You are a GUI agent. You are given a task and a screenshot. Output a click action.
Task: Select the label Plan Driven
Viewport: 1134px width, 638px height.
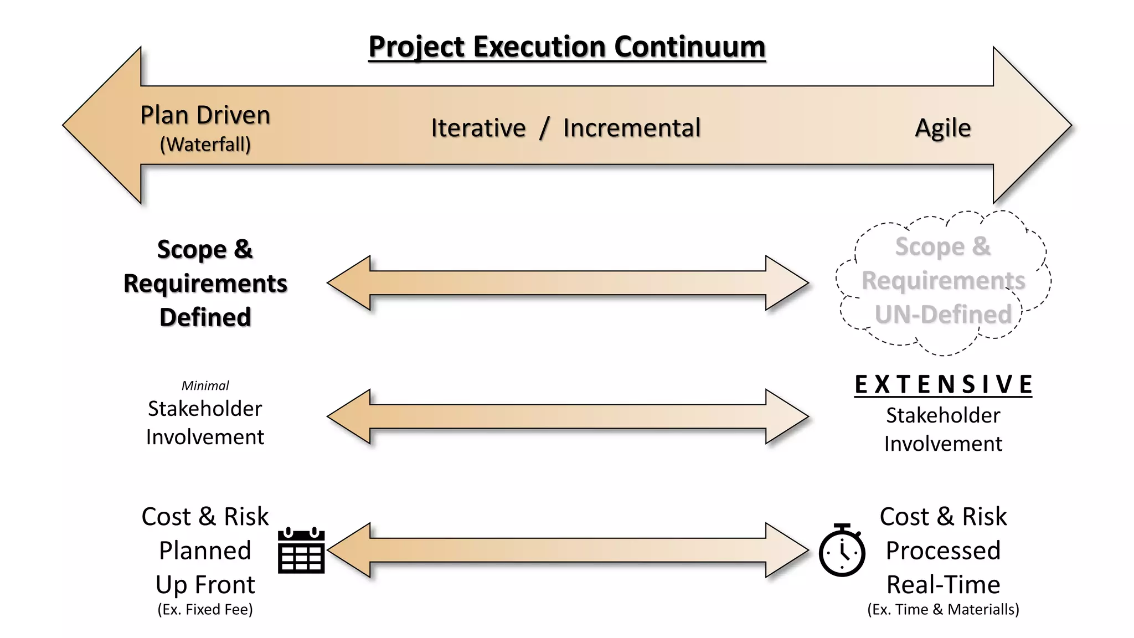tap(205, 115)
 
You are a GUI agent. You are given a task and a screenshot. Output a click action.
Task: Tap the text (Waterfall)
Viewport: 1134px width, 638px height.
tap(205, 145)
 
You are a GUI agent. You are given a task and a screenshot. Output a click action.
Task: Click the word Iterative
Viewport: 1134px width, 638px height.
tap(478, 128)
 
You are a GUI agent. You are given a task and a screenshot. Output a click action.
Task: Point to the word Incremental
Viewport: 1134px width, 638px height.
tap(631, 128)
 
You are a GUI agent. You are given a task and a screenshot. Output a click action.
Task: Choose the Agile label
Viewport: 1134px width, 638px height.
tap(942, 128)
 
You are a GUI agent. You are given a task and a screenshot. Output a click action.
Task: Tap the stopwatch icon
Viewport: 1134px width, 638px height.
tap(842, 551)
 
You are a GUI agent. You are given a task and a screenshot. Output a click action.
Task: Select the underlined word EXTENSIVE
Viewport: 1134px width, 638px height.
tap(943, 384)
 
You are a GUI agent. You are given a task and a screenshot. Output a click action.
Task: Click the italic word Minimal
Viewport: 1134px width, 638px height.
tap(205, 385)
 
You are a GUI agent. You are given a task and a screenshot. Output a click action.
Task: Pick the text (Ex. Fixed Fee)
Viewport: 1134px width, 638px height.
tap(205, 609)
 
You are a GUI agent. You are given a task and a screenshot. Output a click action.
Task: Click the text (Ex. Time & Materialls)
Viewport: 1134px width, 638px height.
tap(943, 609)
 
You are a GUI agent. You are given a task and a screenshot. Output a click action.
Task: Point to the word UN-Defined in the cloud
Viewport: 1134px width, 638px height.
tap(943, 315)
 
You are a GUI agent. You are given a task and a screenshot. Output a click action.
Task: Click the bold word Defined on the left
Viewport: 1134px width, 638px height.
tap(205, 317)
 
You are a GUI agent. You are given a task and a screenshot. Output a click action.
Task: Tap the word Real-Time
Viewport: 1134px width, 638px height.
tap(943, 584)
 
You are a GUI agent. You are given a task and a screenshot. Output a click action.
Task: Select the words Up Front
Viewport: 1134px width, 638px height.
tap(205, 584)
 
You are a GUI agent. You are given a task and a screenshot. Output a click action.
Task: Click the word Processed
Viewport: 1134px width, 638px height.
tap(943, 550)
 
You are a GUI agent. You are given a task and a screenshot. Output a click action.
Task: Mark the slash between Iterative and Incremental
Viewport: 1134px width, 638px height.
tap(545, 128)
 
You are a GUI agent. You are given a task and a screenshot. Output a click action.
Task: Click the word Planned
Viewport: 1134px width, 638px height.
tap(205, 550)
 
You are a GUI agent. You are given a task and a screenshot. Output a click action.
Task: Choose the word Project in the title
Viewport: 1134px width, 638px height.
tap(416, 47)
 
